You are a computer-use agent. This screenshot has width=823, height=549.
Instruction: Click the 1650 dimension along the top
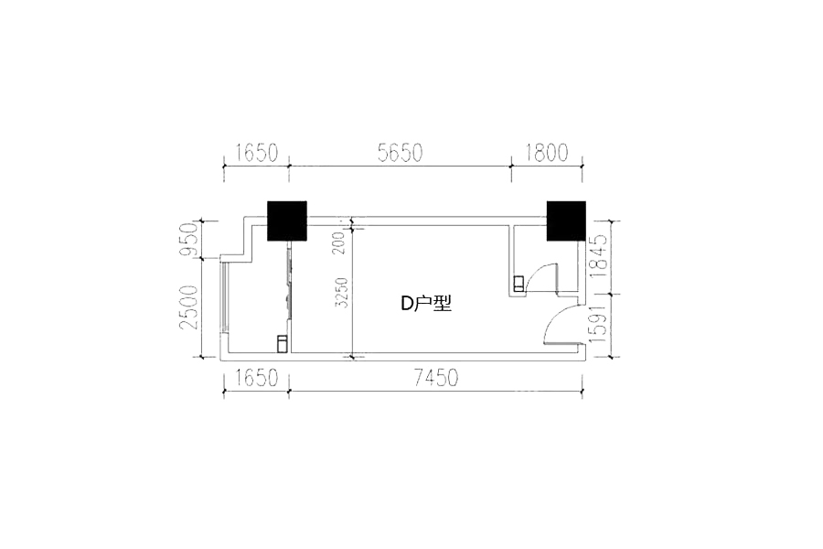(257, 153)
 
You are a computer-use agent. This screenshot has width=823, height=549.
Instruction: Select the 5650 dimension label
(400, 153)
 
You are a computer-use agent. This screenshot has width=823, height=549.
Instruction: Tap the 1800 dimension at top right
(547, 153)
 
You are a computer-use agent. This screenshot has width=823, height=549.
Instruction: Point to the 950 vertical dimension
(188, 240)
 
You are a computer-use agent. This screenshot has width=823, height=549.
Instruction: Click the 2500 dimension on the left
(188, 307)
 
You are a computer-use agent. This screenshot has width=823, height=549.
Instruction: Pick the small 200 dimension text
(341, 243)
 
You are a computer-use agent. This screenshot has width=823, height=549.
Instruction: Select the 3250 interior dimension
(341, 293)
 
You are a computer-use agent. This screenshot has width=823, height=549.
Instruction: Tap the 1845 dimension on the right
(598, 256)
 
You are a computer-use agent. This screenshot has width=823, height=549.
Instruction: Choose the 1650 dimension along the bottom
(257, 378)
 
